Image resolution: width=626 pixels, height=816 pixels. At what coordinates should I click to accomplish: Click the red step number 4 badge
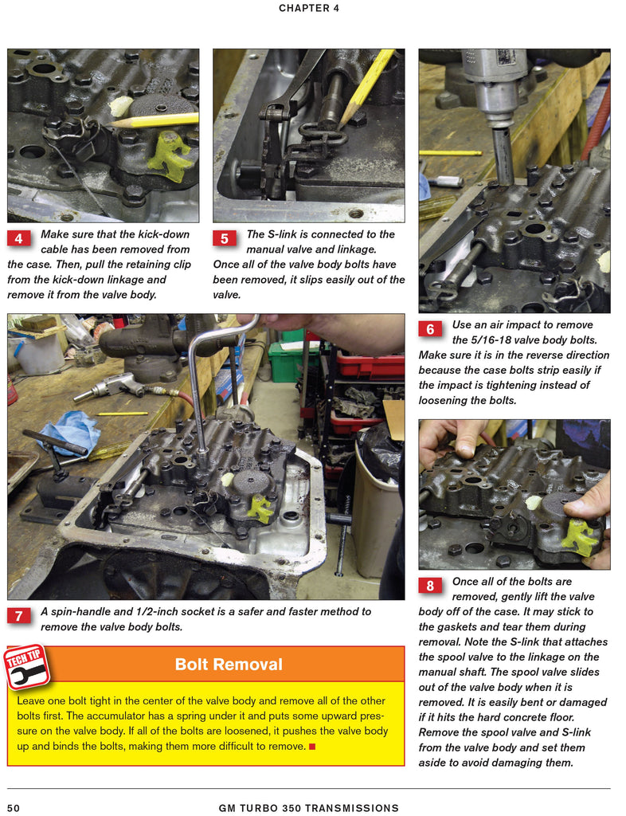(x=18, y=238)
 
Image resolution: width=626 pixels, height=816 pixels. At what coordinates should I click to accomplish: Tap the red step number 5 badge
(x=225, y=238)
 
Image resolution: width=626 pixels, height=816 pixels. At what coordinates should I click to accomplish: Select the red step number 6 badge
(x=430, y=329)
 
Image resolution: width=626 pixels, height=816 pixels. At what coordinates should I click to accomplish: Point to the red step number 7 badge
(x=18, y=616)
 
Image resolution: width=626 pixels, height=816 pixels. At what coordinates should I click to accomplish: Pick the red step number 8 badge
(x=430, y=586)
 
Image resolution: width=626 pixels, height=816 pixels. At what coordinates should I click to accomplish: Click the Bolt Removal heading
(x=229, y=665)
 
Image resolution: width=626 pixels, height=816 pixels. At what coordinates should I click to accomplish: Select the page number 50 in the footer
(x=14, y=808)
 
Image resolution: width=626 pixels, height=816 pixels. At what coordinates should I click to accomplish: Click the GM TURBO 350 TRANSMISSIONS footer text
(x=308, y=808)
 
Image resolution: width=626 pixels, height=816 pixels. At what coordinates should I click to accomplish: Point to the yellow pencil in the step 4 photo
(x=155, y=120)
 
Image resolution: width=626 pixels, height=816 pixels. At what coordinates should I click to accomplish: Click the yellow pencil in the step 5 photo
(x=368, y=88)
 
